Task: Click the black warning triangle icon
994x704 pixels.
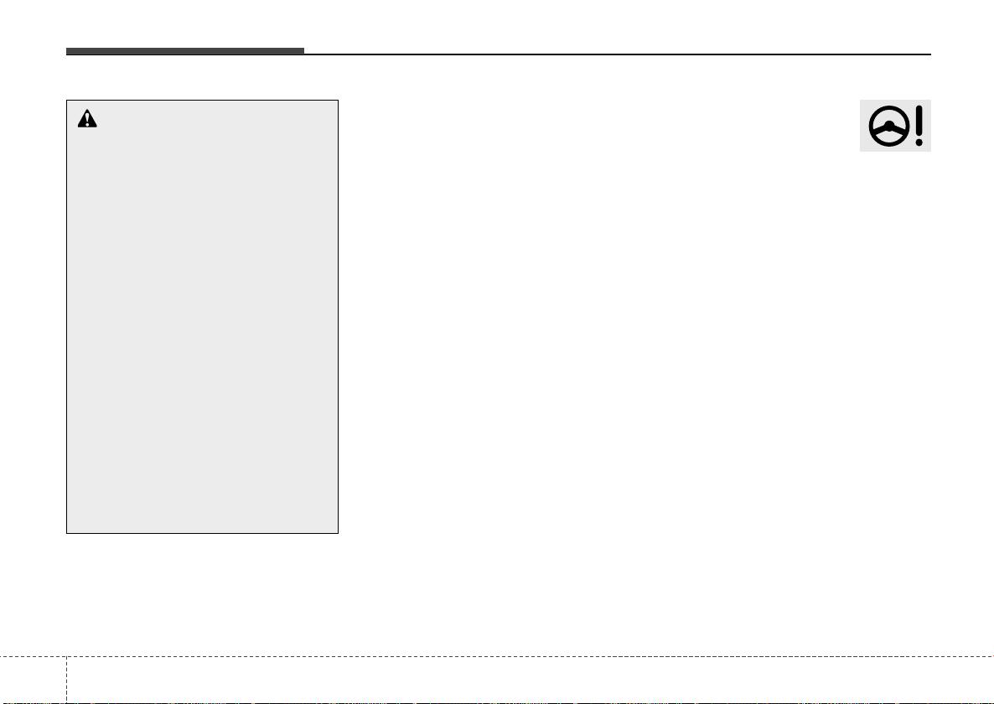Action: click(x=87, y=119)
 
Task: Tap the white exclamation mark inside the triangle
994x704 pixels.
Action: click(x=87, y=121)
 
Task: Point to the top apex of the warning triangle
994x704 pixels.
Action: click(x=87, y=111)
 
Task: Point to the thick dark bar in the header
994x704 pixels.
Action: click(x=184, y=51)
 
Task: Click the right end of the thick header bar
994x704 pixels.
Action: click(x=303, y=51)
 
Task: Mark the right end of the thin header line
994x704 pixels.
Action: click(x=931, y=54)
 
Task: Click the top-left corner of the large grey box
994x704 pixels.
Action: click(x=67, y=101)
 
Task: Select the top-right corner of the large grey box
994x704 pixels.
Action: click(x=338, y=101)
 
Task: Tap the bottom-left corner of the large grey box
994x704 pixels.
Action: click(x=67, y=533)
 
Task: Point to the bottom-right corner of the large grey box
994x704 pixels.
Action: click(x=338, y=533)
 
